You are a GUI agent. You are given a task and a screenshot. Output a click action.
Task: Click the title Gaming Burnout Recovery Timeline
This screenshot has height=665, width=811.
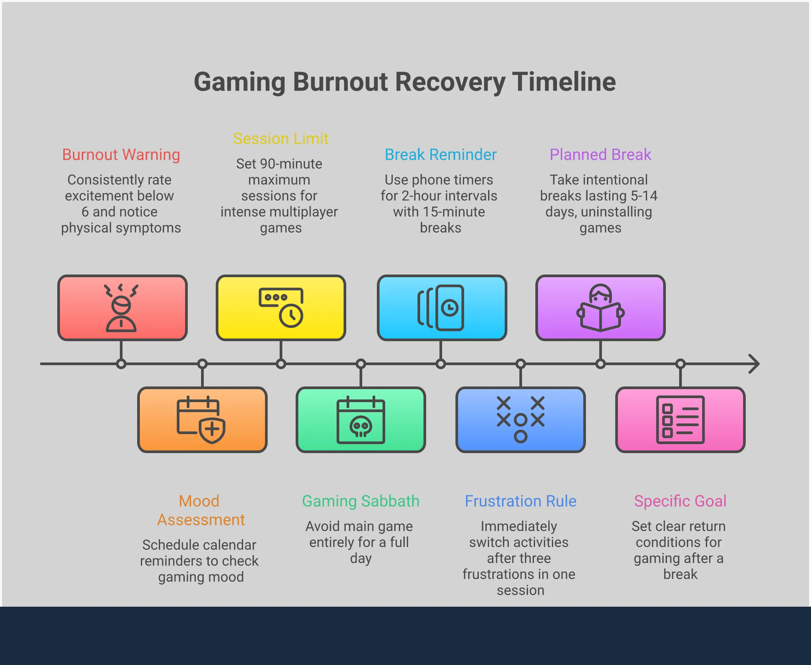pyautogui.click(x=405, y=82)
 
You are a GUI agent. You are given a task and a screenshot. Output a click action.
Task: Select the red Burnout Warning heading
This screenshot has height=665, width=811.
pyautogui.click(x=121, y=155)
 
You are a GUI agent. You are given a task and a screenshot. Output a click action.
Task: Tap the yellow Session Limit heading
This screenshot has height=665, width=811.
pyautogui.click(x=281, y=139)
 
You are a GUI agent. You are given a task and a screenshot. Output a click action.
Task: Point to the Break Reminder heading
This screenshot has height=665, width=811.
pyautogui.click(x=440, y=155)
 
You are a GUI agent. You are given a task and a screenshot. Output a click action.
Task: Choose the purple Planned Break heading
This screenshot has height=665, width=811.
pyautogui.click(x=600, y=155)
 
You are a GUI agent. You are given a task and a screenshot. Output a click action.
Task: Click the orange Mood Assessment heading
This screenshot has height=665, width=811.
pyautogui.click(x=200, y=510)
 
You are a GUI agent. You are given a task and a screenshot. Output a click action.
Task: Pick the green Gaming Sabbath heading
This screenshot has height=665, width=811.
pyautogui.click(x=361, y=501)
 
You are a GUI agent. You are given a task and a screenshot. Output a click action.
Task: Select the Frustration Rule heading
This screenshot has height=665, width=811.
pyautogui.click(x=520, y=501)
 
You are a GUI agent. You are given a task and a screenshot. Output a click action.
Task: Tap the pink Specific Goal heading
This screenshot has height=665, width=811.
pyautogui.click(x=680, y=501)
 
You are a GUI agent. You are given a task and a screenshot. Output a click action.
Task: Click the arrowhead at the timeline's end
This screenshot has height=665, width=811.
pyautogui.click(x=754, y=364)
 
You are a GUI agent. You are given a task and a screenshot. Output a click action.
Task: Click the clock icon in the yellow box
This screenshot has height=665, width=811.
pyautogui.click(x=291, y=315)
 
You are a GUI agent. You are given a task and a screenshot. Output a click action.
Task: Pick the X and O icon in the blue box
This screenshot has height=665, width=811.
pyautogui.click(x=520, y=419)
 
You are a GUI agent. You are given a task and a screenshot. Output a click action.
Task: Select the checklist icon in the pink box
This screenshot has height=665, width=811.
pyautogui.click(x=680, y=419)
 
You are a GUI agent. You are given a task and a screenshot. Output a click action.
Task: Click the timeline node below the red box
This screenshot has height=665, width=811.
pyautogui.click(x=121, y=364)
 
